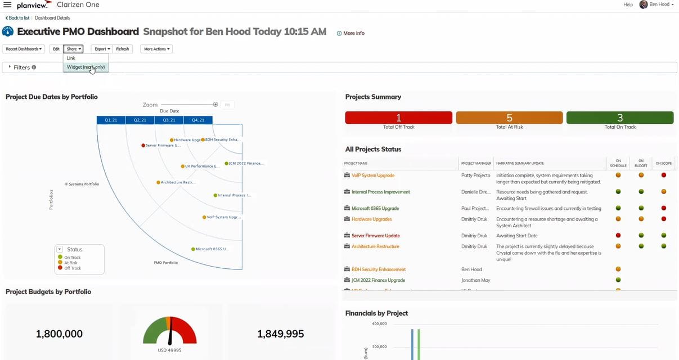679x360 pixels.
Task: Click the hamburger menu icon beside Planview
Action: (7, 5)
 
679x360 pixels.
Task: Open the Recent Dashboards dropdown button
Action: (24, 49)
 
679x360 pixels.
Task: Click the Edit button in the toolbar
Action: (56, 49)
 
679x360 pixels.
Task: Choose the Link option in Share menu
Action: (71, 58)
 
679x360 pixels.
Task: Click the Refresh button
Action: (123, 49)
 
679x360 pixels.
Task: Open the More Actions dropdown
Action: (156, 49)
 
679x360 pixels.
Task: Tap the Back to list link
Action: (19, 18)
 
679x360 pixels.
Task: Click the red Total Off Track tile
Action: (398, 118)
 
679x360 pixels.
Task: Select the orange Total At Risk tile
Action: (509, 118)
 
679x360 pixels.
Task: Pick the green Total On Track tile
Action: (620, 118)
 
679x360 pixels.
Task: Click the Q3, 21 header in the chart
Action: (169, 120)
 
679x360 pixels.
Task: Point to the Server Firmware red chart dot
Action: (143, 145)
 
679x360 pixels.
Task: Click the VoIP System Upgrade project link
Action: (373, 175)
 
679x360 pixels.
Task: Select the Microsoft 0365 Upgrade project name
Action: (375, 209)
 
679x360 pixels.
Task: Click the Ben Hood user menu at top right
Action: (656, 4)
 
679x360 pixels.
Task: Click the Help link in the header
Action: (628, 4)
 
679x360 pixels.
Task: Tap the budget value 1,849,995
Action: (280, 334)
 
